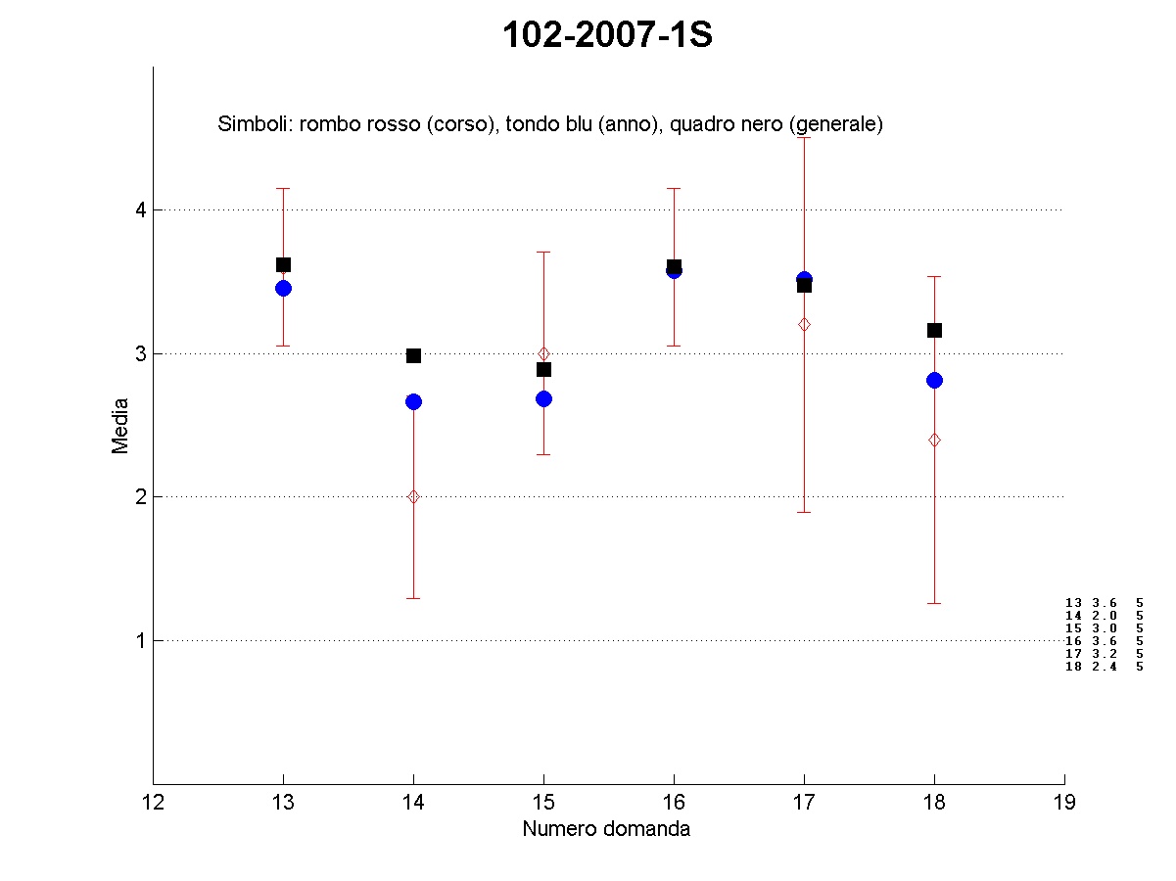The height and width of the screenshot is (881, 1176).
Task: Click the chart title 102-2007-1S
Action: (607, 35)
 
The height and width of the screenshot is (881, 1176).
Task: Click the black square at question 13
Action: (283, 264)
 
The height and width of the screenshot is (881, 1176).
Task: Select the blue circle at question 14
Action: (413, 401)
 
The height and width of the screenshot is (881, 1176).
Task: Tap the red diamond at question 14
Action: (413, 496)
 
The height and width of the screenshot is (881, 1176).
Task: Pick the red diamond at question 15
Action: (543, 353)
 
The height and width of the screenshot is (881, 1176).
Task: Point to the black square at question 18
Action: (934, 330)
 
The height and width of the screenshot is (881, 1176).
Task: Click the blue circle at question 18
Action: (934, 380)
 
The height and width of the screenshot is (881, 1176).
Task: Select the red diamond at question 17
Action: (804, 324)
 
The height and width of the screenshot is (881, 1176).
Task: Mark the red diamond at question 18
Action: (934, 440)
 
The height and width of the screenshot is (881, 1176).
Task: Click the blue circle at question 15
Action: (543, 398)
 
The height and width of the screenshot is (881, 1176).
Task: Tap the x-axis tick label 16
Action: (674, 804)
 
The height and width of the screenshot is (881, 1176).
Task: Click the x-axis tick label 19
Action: (1064, 804)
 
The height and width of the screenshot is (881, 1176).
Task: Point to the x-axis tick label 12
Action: (153, 804)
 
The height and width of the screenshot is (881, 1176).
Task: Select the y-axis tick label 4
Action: (140, 209)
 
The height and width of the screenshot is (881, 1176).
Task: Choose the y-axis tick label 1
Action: (140, 641)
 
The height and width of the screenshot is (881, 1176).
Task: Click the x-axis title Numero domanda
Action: (606, 829)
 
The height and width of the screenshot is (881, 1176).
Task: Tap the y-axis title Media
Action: (120, 425)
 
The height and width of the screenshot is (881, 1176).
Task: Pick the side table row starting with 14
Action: (1104, 615)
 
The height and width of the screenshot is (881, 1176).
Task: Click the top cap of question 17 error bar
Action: (804, 137)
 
